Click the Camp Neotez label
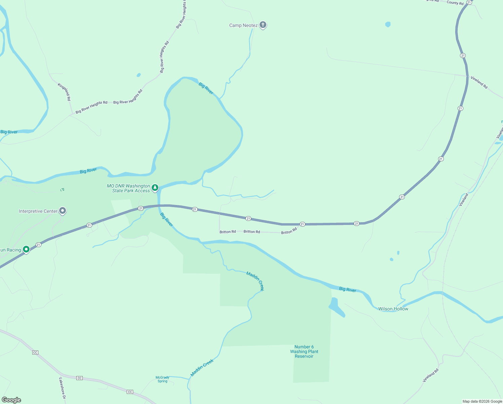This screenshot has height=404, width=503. click(x=243, y=26)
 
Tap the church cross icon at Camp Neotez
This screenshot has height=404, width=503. click(x=263, y=25)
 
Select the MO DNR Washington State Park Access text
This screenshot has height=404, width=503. click(x=128, y=188)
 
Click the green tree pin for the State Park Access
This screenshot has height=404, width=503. click(x=155, y=187)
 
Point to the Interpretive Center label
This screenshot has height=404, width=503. click(x=38, y=211)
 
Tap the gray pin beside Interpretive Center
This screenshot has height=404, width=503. click(x=62, y=211)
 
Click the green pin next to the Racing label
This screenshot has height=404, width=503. click(x=26, y=249)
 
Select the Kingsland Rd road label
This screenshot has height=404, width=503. click(x=64, y=92)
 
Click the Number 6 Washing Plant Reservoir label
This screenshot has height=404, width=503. click(x=304, y=351)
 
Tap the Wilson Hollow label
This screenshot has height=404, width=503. click(x=393, y=309)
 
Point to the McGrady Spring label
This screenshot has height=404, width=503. click(x=162, y=379)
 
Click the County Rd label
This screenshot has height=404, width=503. click(x=455, y=3)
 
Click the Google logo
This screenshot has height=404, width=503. click(x=11, y=400)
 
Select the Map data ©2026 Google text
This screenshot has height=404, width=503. click(x=482, y=401)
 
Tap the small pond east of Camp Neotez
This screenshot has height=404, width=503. click(x=388, y=24)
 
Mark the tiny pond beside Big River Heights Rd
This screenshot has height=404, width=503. click(x=139, y=75)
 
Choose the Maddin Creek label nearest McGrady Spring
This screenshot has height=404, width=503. click(x=202, y=368)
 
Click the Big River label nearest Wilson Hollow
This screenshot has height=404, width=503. click(x=347, y=289)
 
